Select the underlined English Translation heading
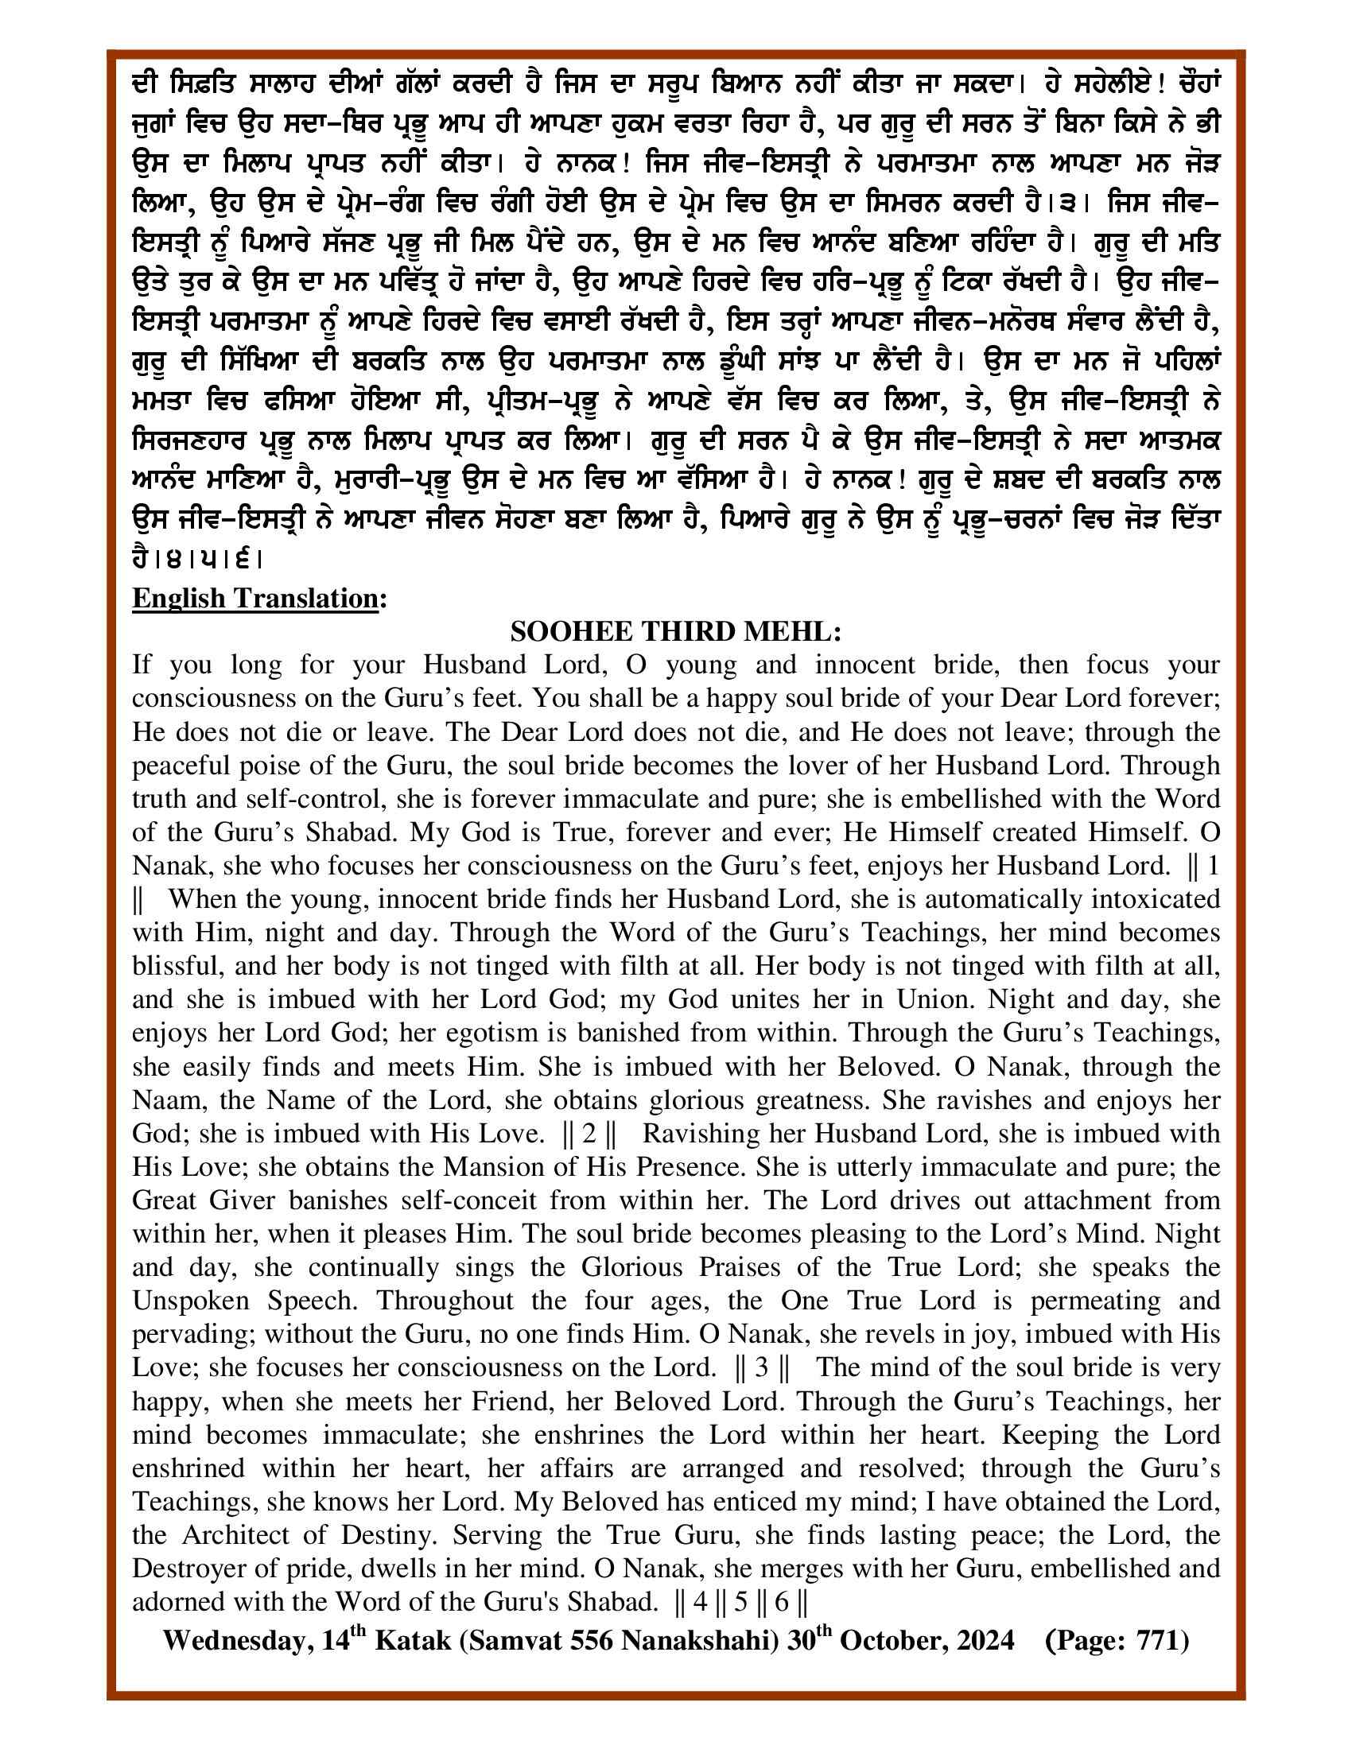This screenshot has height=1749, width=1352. click(x=254, y=598)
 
